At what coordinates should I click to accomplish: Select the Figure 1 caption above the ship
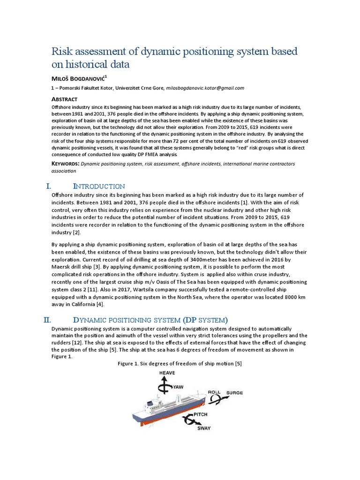click(180, 364)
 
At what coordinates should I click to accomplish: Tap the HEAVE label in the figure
click(167, 373)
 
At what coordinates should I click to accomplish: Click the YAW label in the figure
click(178, 387)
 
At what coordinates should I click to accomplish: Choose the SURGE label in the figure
click(235, 392)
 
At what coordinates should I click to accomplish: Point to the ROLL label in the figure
click(214, 392)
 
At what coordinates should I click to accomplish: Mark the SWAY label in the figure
click(203, 428)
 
